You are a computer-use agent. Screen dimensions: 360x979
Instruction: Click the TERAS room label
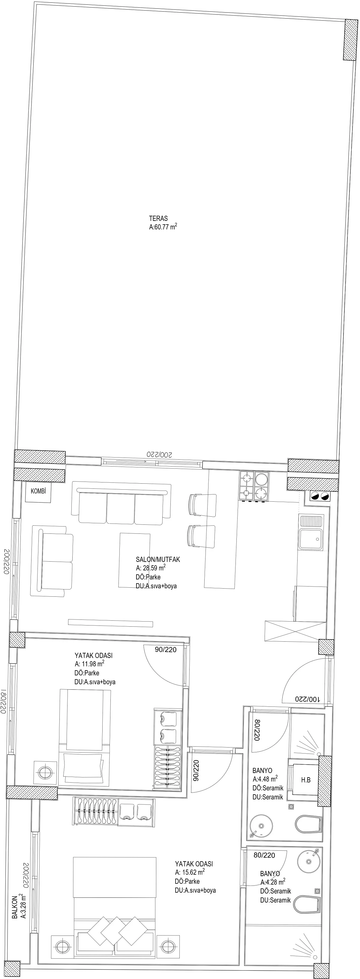point(158,219)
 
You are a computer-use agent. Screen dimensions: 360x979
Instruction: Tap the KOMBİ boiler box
point(38,491)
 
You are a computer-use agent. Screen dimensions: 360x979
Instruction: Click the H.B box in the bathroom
point(306,780)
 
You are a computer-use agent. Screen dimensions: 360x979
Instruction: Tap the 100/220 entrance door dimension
point(307,699)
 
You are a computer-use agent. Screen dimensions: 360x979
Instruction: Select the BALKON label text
point(15,905)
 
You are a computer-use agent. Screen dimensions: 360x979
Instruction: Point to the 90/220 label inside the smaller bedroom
point(166,650)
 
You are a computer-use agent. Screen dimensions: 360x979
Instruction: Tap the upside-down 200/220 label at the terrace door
point(160,455)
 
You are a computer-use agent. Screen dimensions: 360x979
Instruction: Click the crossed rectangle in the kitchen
point(295,632)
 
